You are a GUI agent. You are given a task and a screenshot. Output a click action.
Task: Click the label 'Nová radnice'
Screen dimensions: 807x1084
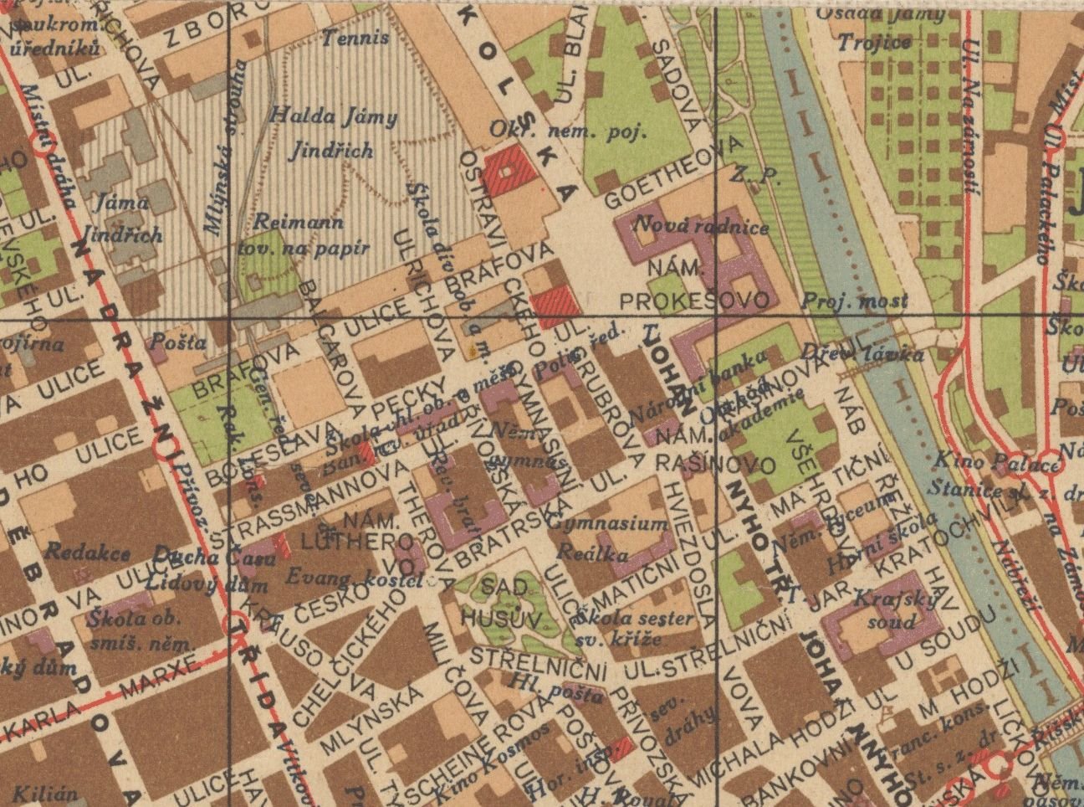pos(700,227)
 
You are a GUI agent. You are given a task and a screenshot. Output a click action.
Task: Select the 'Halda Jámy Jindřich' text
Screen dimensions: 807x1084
pos(333,133)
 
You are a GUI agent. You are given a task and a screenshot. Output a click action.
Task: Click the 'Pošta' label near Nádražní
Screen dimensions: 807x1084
pos(177,342)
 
